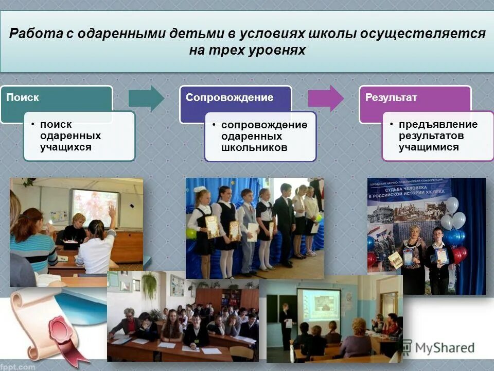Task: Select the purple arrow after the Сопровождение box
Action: [326, 98]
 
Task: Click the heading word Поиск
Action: [22, 97]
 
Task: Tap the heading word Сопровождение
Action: [230, 97]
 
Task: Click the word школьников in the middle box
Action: [254, 147]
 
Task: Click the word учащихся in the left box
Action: [66, 147]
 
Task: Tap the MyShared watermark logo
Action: [438, 348]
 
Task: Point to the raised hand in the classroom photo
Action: [112, 211]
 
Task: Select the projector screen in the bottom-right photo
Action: [319, 309]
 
